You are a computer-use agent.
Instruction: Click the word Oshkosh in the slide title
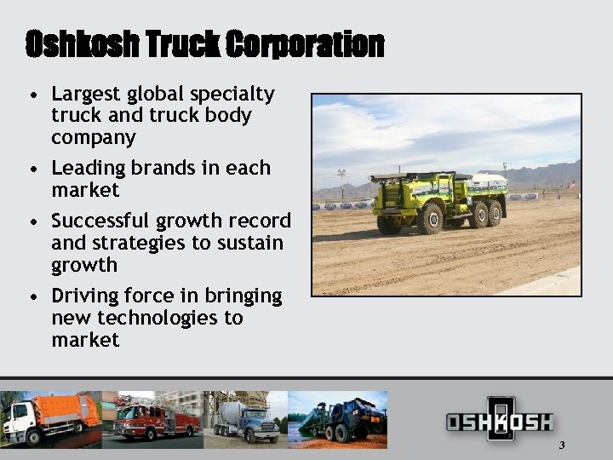[x=78, y=44]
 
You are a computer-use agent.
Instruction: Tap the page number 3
[x=562, y=446]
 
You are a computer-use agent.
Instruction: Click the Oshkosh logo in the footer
[x=500, y=421]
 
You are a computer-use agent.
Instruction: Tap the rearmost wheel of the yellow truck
[x=494, y=213]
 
